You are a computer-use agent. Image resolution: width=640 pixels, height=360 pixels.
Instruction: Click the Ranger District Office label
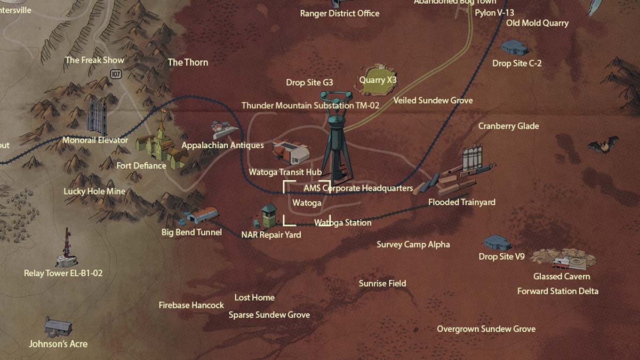tap(340, 13)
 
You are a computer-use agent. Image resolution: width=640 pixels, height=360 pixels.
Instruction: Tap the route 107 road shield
tap(116, 74)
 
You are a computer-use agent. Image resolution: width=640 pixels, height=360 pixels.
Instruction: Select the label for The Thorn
tap(188, 62)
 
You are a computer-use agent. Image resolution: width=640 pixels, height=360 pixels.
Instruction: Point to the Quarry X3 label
tap(378, 80)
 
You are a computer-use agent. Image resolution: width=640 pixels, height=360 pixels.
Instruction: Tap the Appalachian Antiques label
tap(222, 145)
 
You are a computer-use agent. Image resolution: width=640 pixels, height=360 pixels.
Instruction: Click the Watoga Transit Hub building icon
tap(291, 152)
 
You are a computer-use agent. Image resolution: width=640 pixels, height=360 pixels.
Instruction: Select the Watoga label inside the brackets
tap(307, 203)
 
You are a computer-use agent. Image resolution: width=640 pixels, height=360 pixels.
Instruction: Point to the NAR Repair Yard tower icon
tap(267, 216)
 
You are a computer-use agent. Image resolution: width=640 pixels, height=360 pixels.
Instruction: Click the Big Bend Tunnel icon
tap(202, 216)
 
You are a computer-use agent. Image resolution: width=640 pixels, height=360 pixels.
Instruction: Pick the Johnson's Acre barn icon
tap(58, 326)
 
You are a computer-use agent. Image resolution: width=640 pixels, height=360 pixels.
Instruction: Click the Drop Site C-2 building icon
tap(514, 47)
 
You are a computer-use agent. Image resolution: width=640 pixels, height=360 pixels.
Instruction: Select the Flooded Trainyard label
tap(462, 202)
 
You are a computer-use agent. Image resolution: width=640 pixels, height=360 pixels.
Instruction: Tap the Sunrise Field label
tap(382, 284)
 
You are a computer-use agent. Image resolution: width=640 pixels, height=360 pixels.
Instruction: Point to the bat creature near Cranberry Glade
tap(603, 145)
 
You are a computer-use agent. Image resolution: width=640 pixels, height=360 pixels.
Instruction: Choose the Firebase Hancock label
tap(191, 306)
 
